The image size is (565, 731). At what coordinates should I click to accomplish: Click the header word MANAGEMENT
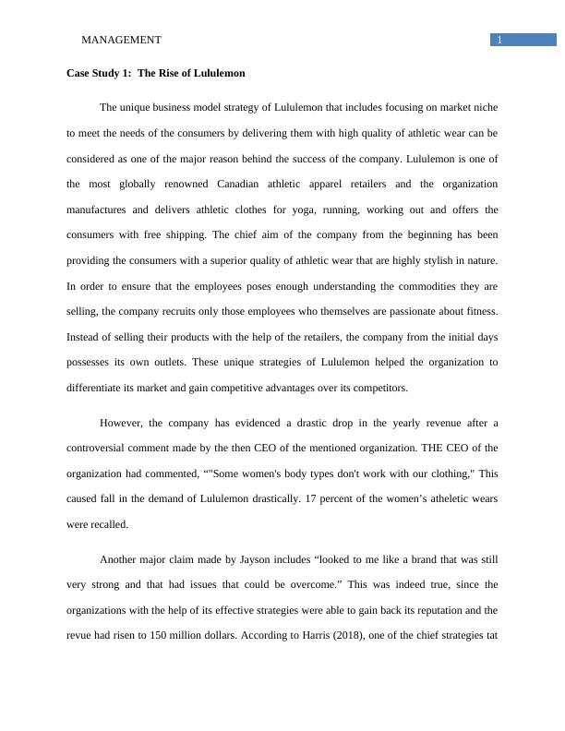[121, 40]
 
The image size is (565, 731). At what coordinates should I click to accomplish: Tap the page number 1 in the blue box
[499, 40]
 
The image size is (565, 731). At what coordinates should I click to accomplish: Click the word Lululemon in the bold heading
[219, 72]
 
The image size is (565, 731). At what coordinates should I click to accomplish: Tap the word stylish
[420, 260]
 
